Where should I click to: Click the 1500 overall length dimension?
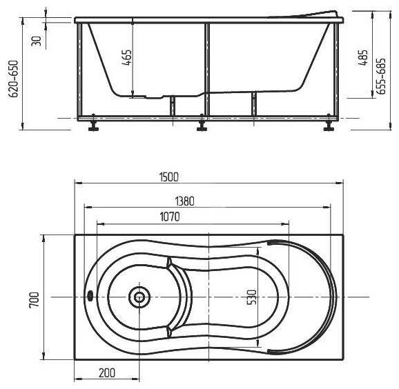pyautogui.click(x=169, y=177)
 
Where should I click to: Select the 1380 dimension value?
pyautogui.click(x=185, y=201)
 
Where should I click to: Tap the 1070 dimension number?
pyautogui.click(x=170, y=217)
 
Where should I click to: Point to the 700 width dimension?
pyautogui.click(x=34, y=299)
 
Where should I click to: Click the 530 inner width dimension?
pyautogui.click(x=251, y=297)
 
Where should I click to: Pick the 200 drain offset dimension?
pyautogui.click(x=107, y=372)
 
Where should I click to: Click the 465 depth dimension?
pyautogui.click(x=127, y=57)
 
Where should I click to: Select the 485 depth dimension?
pyautogui.click(x=363, y=57)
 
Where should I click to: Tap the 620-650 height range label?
pyautogui.click(x=14, y=79)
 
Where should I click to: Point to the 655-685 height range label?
pyautogui.click(x=381, y=77)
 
